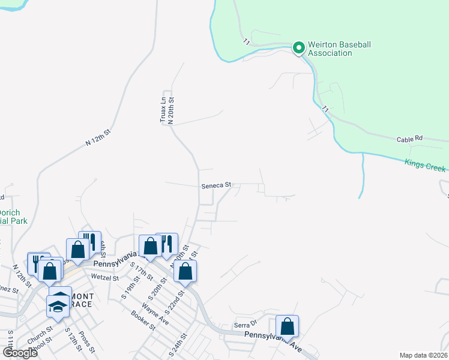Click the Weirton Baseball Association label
339,49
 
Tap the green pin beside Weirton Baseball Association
298,47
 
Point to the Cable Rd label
409,139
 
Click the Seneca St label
216,186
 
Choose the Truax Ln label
163,110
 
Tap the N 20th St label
170,110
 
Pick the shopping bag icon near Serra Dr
288,328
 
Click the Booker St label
143,320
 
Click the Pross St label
87,340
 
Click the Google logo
20,352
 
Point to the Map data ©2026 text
423,355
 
